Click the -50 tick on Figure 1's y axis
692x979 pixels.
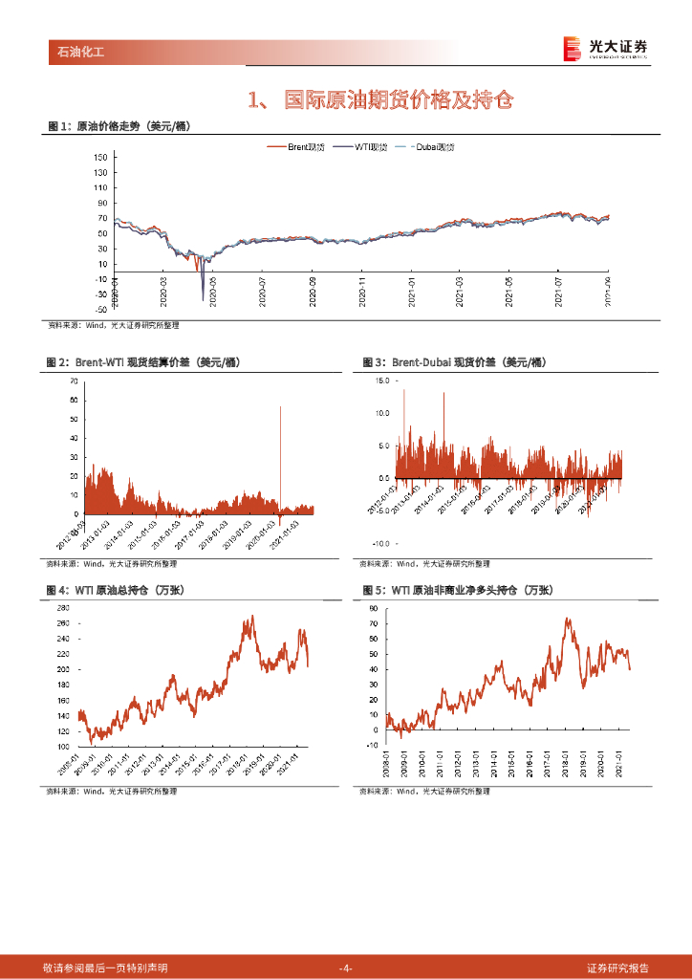click(100, 310)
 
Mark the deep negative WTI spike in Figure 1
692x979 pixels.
click(203, 298)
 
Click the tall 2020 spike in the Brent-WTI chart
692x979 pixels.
click(280, 409)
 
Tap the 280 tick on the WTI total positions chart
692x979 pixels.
click(62, 608)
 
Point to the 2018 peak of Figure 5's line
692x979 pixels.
click(568, 619)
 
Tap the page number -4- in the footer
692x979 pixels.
click(346, 968)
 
